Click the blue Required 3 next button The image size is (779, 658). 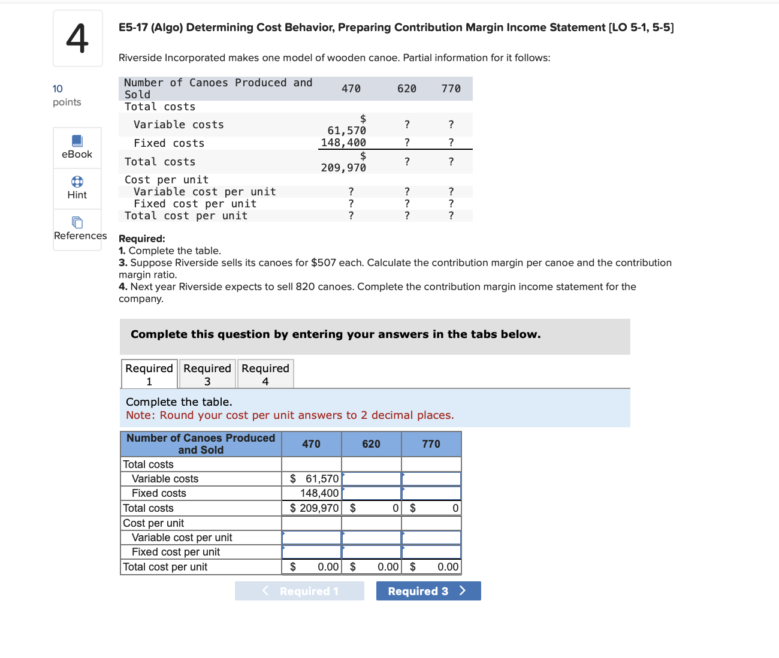coord(428,591)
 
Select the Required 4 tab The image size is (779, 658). coord(265,374)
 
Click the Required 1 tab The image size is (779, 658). coord(149,374)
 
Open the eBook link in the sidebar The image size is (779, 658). coord(77,147)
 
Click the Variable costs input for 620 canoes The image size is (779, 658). coord(372,479)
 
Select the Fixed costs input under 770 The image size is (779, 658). coord(431,493)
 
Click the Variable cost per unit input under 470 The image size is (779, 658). coord(312,538)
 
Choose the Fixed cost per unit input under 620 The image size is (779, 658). coord(372,552)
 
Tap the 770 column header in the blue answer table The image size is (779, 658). coord(431,444)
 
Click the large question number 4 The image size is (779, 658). coord(77,38)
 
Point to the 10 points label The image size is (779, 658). coord(67,95)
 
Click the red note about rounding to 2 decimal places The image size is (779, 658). coord(289,415)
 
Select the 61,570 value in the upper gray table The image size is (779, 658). coord(346,131)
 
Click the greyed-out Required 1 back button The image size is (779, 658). coord(300,591)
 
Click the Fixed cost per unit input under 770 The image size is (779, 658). coord(431,552)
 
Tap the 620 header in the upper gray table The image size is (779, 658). coord(406,89)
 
